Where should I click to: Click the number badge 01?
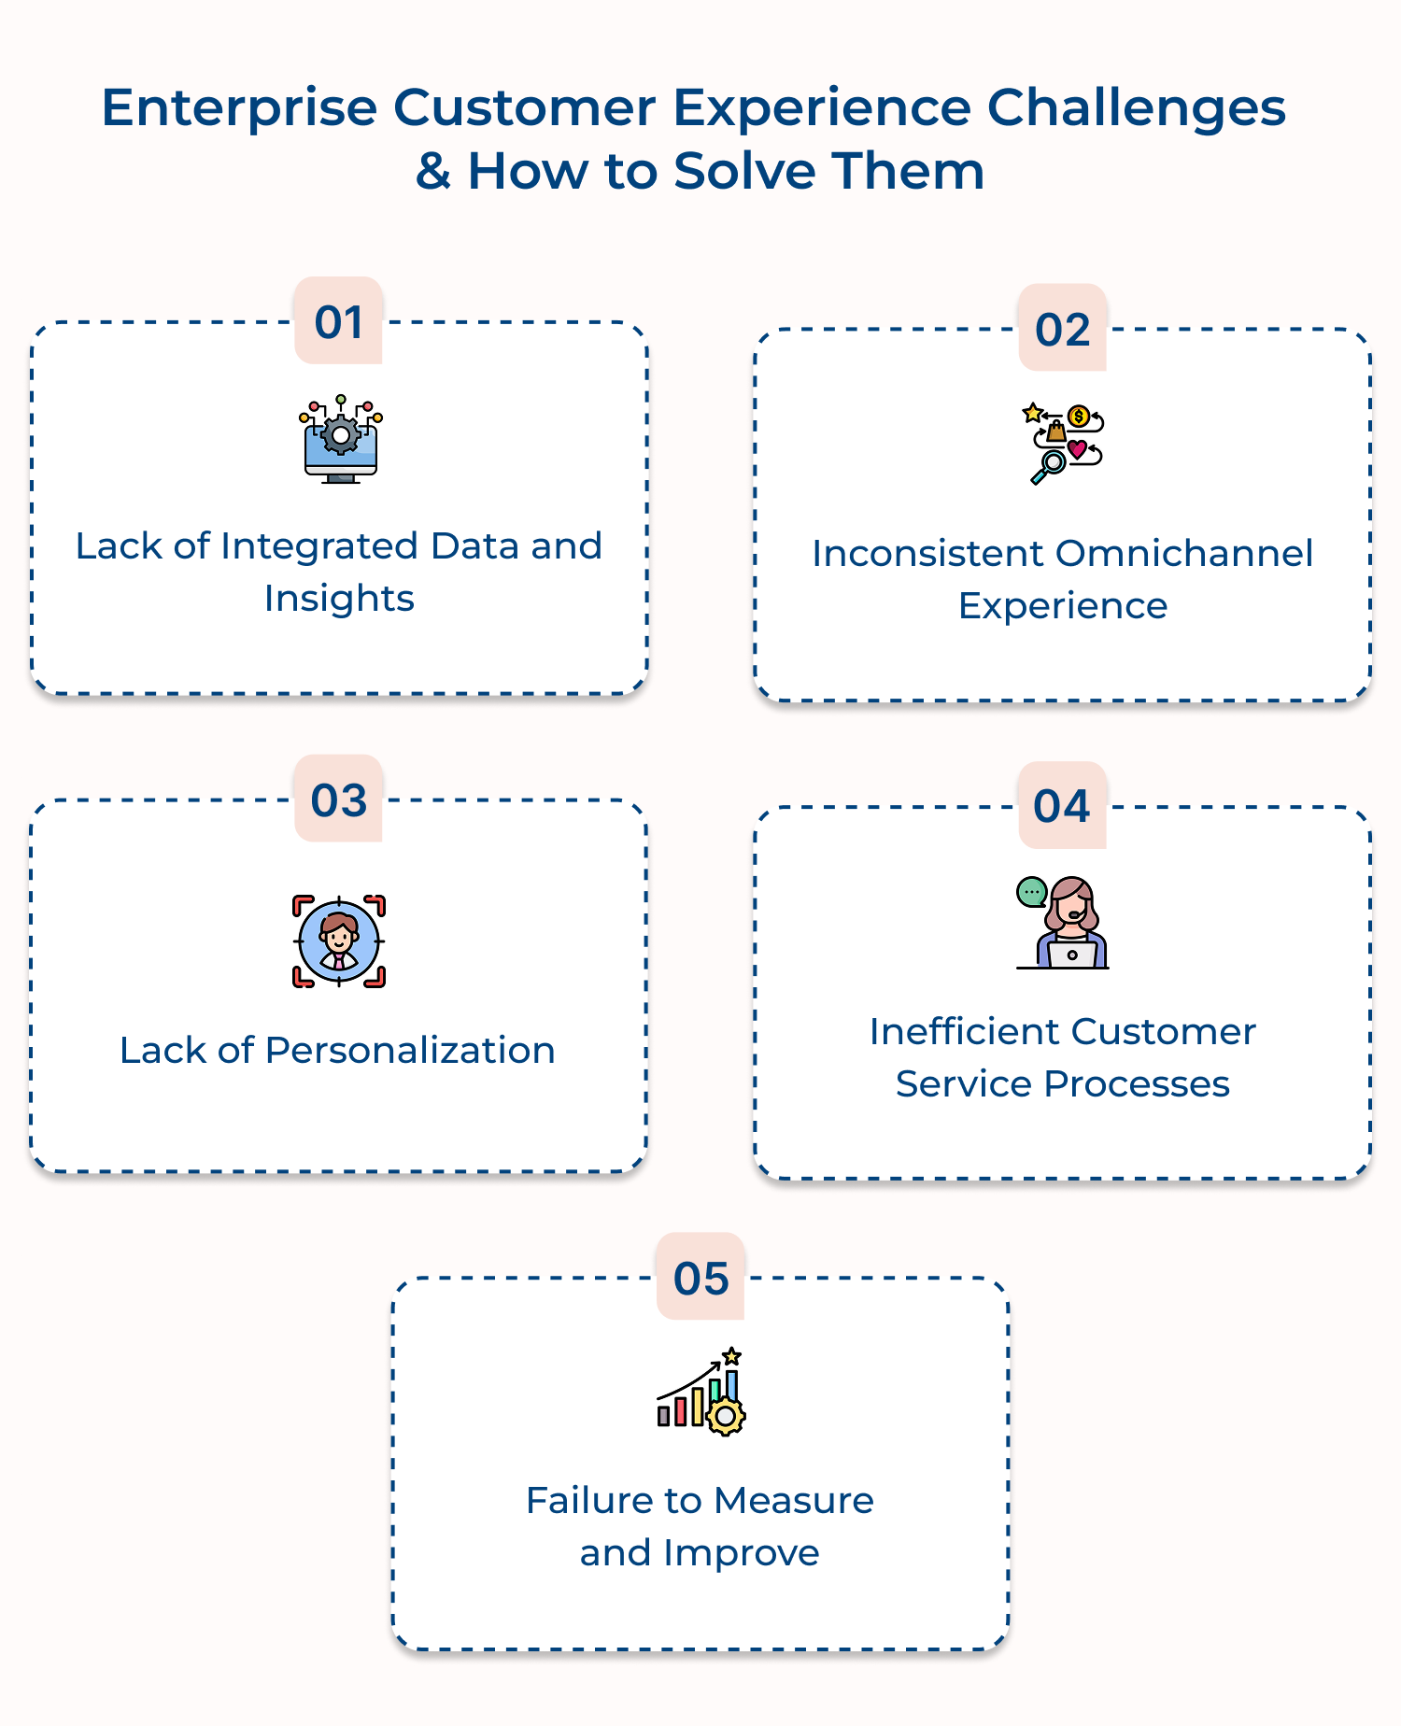point(338,321)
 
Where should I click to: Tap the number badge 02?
point(1062,329)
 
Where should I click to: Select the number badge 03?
point(338,799)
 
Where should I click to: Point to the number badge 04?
point(1062,805)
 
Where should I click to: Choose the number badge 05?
point(700,1278)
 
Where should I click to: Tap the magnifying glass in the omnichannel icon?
point(1050,465)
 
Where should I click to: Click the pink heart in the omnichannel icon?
point(1077,449)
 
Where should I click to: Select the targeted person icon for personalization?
point(338,941)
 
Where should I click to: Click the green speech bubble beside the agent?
point(1031,892)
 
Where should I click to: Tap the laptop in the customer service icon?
point(1071,955)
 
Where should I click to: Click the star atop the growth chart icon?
point(732,1356)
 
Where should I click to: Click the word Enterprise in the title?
point(238,107)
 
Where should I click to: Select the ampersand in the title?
point(433,171)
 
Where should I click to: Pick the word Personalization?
point(410,1050)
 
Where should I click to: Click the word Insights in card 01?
point(339,599)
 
